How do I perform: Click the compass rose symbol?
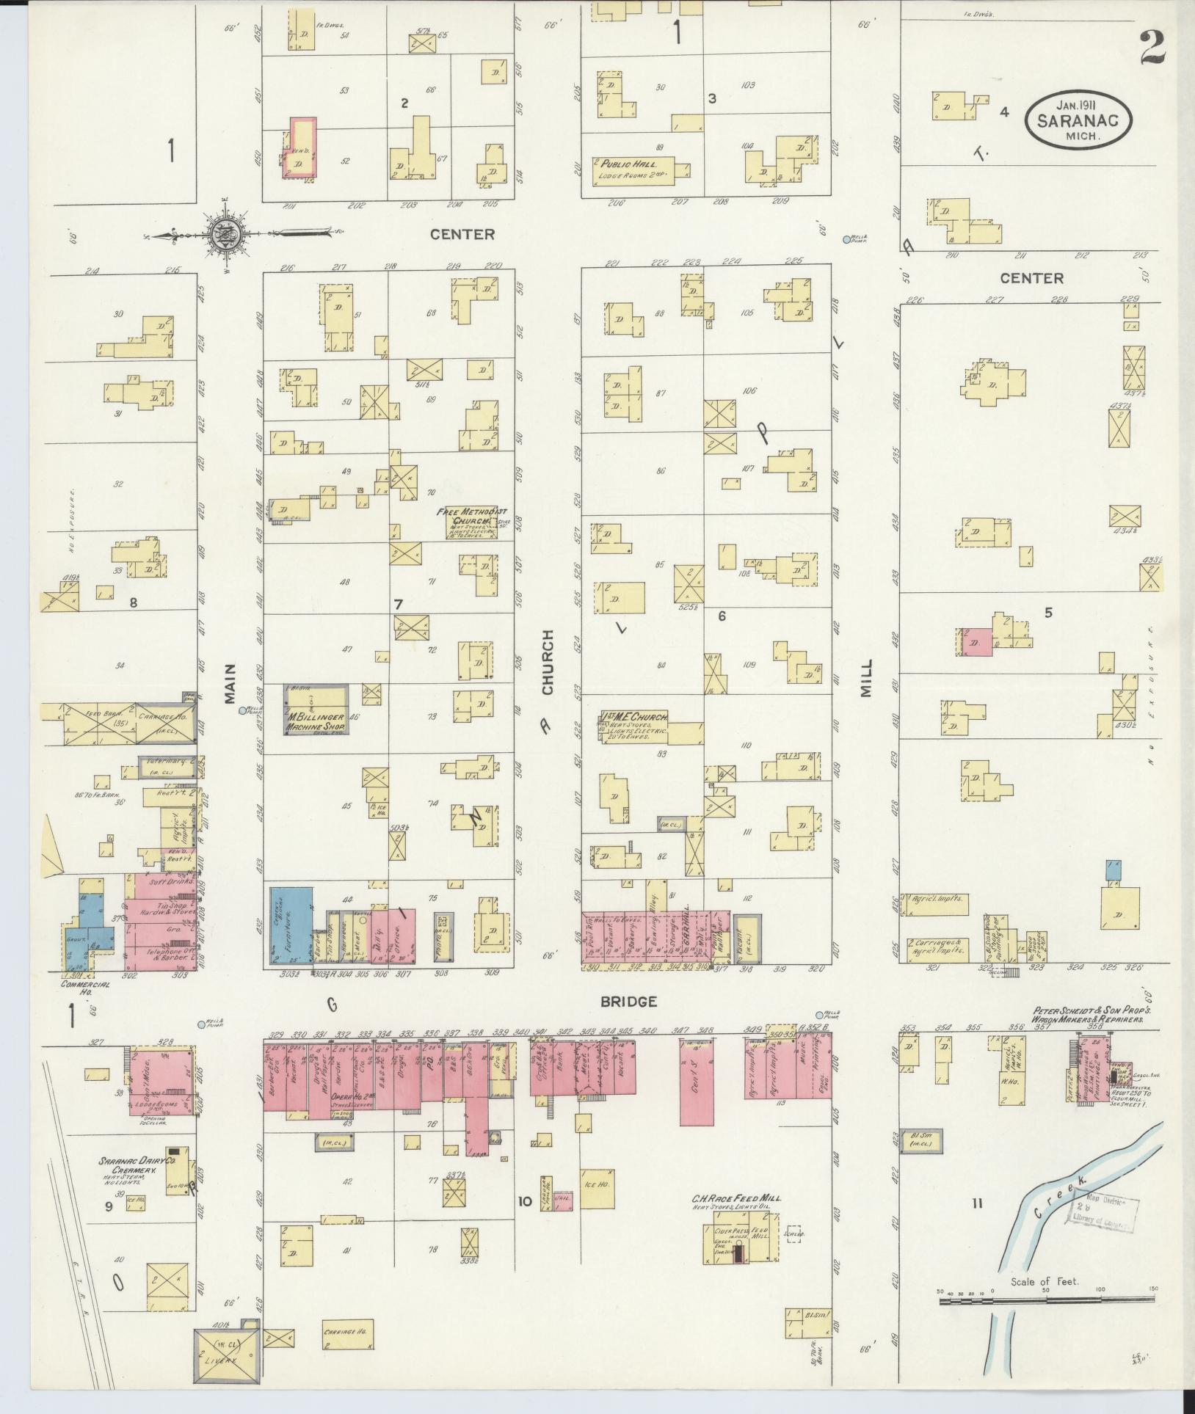pyautogui.click(x=223, y=235)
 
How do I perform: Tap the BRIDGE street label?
pyautogui.click(x=628, y=1001)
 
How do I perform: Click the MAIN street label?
pyautogui.click(x=230, y=683)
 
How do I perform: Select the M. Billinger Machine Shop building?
pyautogui.click(x=316, y=710)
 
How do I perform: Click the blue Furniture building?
pyautogui.click(x=291, y=928)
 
